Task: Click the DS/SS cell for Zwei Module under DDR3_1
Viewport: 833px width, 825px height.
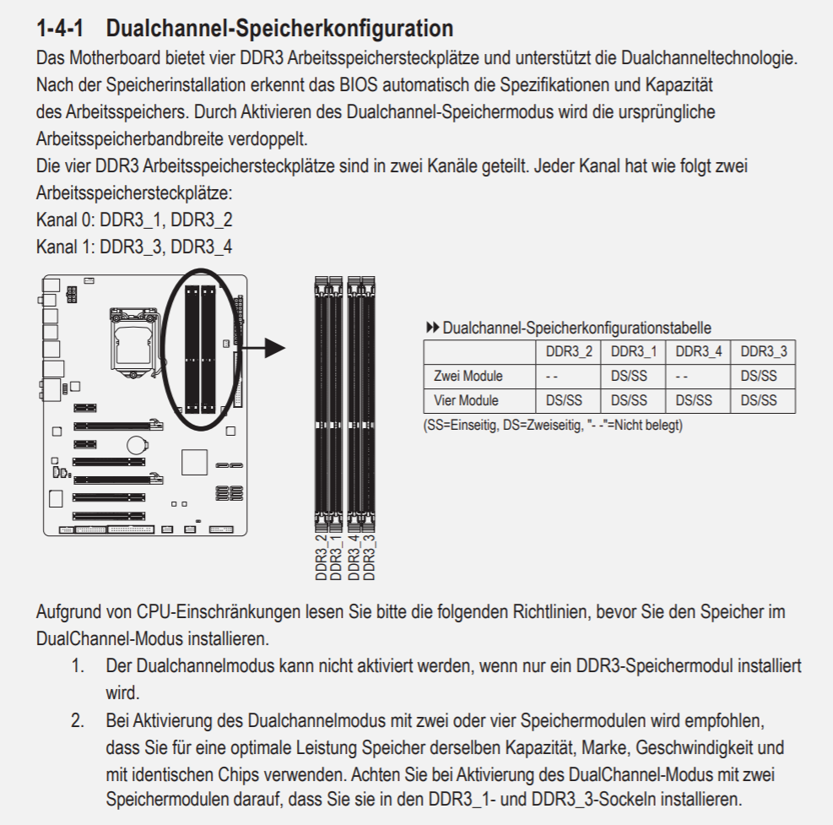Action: [x=632, y=376]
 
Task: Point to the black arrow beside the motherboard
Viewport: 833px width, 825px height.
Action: [x=269, y=347]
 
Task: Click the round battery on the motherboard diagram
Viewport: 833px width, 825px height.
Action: [x=138, y=442]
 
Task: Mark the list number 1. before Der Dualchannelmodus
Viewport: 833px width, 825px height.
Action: [x=78, y=665]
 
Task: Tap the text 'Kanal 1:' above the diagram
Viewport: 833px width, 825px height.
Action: [x=65, y=247]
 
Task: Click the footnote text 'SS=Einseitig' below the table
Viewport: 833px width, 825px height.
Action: [x=461, y=425]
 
